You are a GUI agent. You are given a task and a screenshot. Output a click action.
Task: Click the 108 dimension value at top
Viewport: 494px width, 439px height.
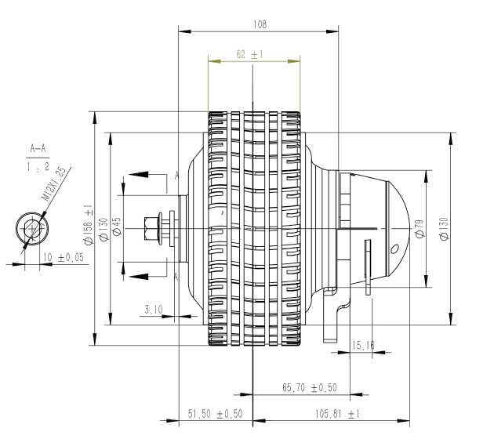point(260,24)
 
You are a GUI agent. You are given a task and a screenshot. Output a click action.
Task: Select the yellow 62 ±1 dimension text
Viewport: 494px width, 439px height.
point(249,54)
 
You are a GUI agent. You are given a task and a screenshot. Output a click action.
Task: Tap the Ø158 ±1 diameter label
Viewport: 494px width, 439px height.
point(88,224)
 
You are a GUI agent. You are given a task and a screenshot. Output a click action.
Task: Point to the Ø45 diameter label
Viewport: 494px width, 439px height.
point(117,226)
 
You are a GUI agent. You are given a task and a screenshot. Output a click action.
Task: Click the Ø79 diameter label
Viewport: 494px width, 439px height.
point(420,229)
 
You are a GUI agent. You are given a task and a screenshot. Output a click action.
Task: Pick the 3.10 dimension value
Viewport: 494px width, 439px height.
point(154,310)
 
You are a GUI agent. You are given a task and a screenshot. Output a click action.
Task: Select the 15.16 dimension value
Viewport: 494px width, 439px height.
point(363,346)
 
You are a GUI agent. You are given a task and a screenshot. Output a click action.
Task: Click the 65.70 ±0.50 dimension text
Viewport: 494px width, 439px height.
point(310,387)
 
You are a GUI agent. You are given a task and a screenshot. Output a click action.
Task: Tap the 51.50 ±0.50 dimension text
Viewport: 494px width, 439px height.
point(215,413)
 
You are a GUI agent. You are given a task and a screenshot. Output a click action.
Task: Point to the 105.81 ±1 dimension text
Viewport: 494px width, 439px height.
point(337,413)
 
